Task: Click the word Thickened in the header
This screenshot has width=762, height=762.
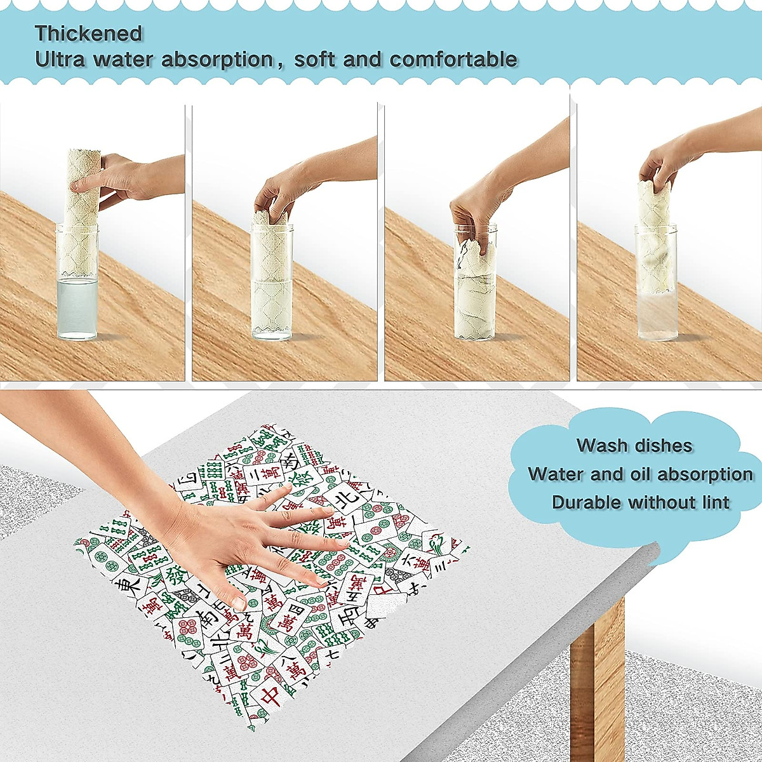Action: [x=88, y=33]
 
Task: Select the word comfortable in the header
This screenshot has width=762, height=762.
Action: [x=453, y=60]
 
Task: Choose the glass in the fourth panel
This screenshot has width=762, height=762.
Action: [x=655, y=286]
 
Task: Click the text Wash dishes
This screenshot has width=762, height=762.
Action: [x=634, y=445]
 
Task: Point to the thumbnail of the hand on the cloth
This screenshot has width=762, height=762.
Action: [x=239, y=602]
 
